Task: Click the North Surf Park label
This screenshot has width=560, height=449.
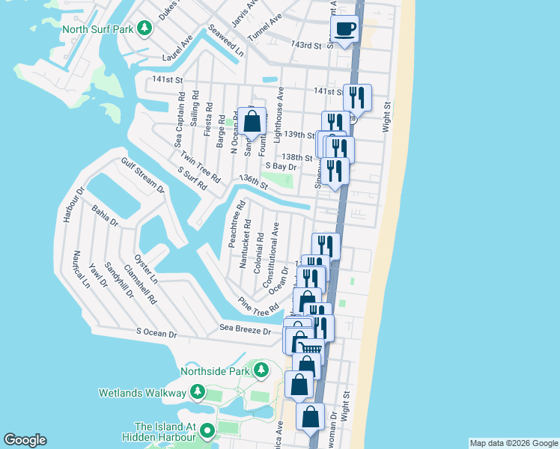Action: [98, 30]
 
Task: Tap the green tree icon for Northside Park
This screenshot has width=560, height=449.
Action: [261, 370]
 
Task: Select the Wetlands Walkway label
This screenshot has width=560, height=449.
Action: [142, 393]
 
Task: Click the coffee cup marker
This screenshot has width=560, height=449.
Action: [344, 30]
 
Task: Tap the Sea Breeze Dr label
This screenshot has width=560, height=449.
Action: [245, 329]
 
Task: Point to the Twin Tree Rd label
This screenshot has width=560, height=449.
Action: [200, 167]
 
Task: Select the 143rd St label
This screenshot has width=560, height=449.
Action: [305, 46]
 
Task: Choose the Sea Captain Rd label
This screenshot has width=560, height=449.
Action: [179, 120]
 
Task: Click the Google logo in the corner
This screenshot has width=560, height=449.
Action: [25, 440]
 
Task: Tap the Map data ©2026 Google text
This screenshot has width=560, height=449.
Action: [514, 443]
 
